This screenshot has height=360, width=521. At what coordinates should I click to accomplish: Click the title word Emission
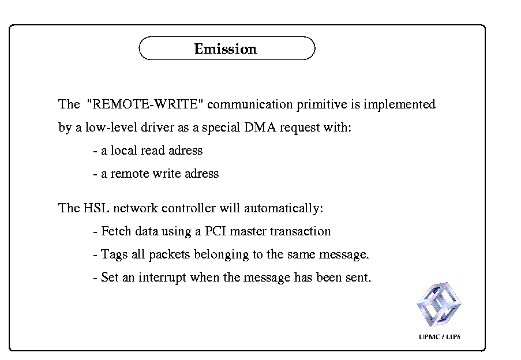click(x=226, y=49)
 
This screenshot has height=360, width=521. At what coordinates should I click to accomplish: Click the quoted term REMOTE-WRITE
click(x=145, y=104)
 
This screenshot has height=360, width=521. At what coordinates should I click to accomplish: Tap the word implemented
click(x=399, y=104)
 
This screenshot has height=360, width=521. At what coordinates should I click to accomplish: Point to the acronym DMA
click(x=260, y=127)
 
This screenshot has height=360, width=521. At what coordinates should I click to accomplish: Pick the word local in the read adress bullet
click(x=123, y=150)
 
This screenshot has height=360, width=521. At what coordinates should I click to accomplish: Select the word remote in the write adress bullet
click(x=130, y=173)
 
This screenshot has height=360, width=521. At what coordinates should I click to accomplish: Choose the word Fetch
click(x=116, y=231)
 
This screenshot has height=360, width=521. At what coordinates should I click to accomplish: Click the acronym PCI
click(x=215, y=231)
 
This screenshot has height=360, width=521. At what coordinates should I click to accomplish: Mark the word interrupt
click(x=162, y=277)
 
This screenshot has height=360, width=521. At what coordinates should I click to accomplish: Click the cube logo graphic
click(x=439, y=305)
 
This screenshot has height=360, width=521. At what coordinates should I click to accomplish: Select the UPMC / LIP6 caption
click(x=439, y=337)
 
